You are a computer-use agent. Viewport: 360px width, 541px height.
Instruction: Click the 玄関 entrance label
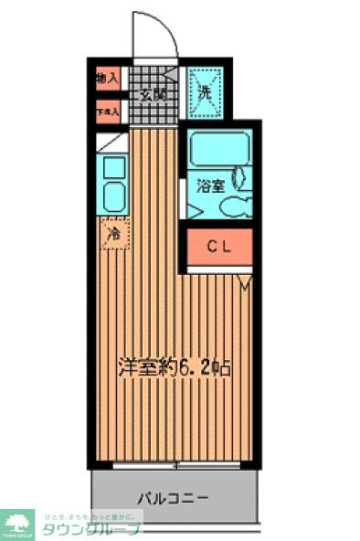click(152, 93)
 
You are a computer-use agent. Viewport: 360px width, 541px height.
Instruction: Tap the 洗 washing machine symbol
click(205, 92)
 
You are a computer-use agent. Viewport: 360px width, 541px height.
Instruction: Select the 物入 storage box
click(107, 79)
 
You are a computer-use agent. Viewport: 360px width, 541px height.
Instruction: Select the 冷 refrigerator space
click(114, 234)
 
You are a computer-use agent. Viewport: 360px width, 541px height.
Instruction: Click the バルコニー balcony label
click(174, 499)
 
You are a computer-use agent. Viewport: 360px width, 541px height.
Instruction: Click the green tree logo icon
click(17, 524)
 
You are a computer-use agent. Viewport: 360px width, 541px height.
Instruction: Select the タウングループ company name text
click(101, 529)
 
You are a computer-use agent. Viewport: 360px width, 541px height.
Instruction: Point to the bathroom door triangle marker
click(193, 211)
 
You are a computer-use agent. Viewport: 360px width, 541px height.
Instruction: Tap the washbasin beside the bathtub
click(241, 177)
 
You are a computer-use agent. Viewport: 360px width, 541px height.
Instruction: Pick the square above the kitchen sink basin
click(114, 167)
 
